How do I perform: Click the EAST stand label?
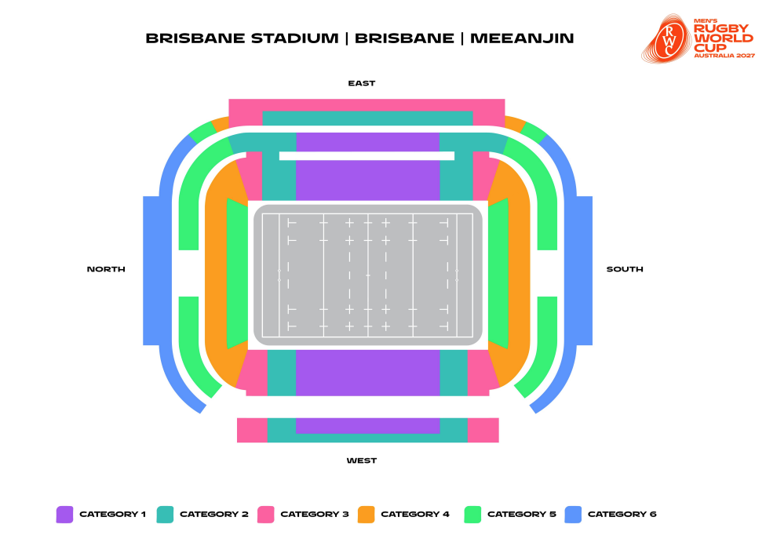pos(362,83)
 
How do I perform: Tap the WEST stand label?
pos(362,461)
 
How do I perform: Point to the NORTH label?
pos(106,269)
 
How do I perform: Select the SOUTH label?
pos(625,269)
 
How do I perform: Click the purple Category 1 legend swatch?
pos(64,515)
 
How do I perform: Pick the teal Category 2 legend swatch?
pos(165,515)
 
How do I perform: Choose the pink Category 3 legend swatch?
pos(265,515)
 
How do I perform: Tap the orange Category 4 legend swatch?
pos(366,515)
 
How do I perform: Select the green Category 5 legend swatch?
pos(472,515)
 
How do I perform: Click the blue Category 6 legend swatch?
pos(573,515)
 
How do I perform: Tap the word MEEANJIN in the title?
pos(522,38)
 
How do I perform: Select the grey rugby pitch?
pos(367,275)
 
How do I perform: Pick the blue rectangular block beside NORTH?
pos(151,271)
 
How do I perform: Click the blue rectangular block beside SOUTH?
pos(584,271)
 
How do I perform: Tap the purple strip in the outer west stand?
pos(367,425)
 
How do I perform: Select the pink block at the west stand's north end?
pos(252,430)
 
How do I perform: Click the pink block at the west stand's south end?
pos(483,430)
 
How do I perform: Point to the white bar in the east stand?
pos(367,156)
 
